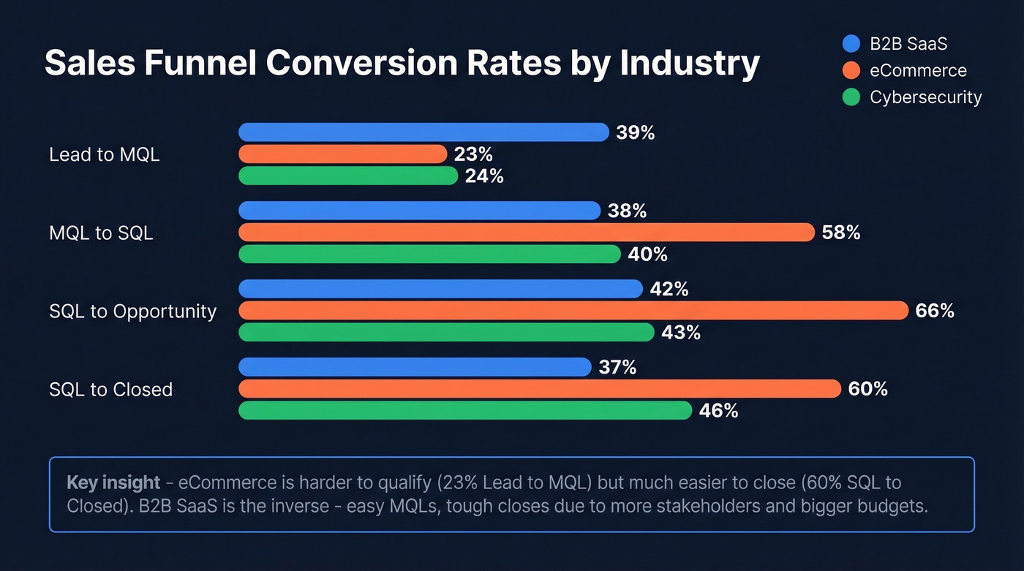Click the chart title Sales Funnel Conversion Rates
pos(402,64)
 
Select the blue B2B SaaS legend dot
pos(851,44)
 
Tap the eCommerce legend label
pos(918,71)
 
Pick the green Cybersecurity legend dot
pos(851,97)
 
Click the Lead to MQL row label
pos(104,155)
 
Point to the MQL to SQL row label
pos(101,233)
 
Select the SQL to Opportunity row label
pos(132,311)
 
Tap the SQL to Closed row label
pos(110,390)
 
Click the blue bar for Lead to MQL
pos(423,132)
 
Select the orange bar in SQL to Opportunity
pos(573,311)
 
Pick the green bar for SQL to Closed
pos(464,411)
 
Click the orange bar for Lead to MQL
pos(342,154)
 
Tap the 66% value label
pos(934,311)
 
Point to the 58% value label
pos(840,233)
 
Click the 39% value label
pos(635,133)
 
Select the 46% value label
pos(718,411)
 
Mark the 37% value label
pos(617,367)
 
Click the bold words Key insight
pos(113,483)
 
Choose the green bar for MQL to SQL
pos(429,254)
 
